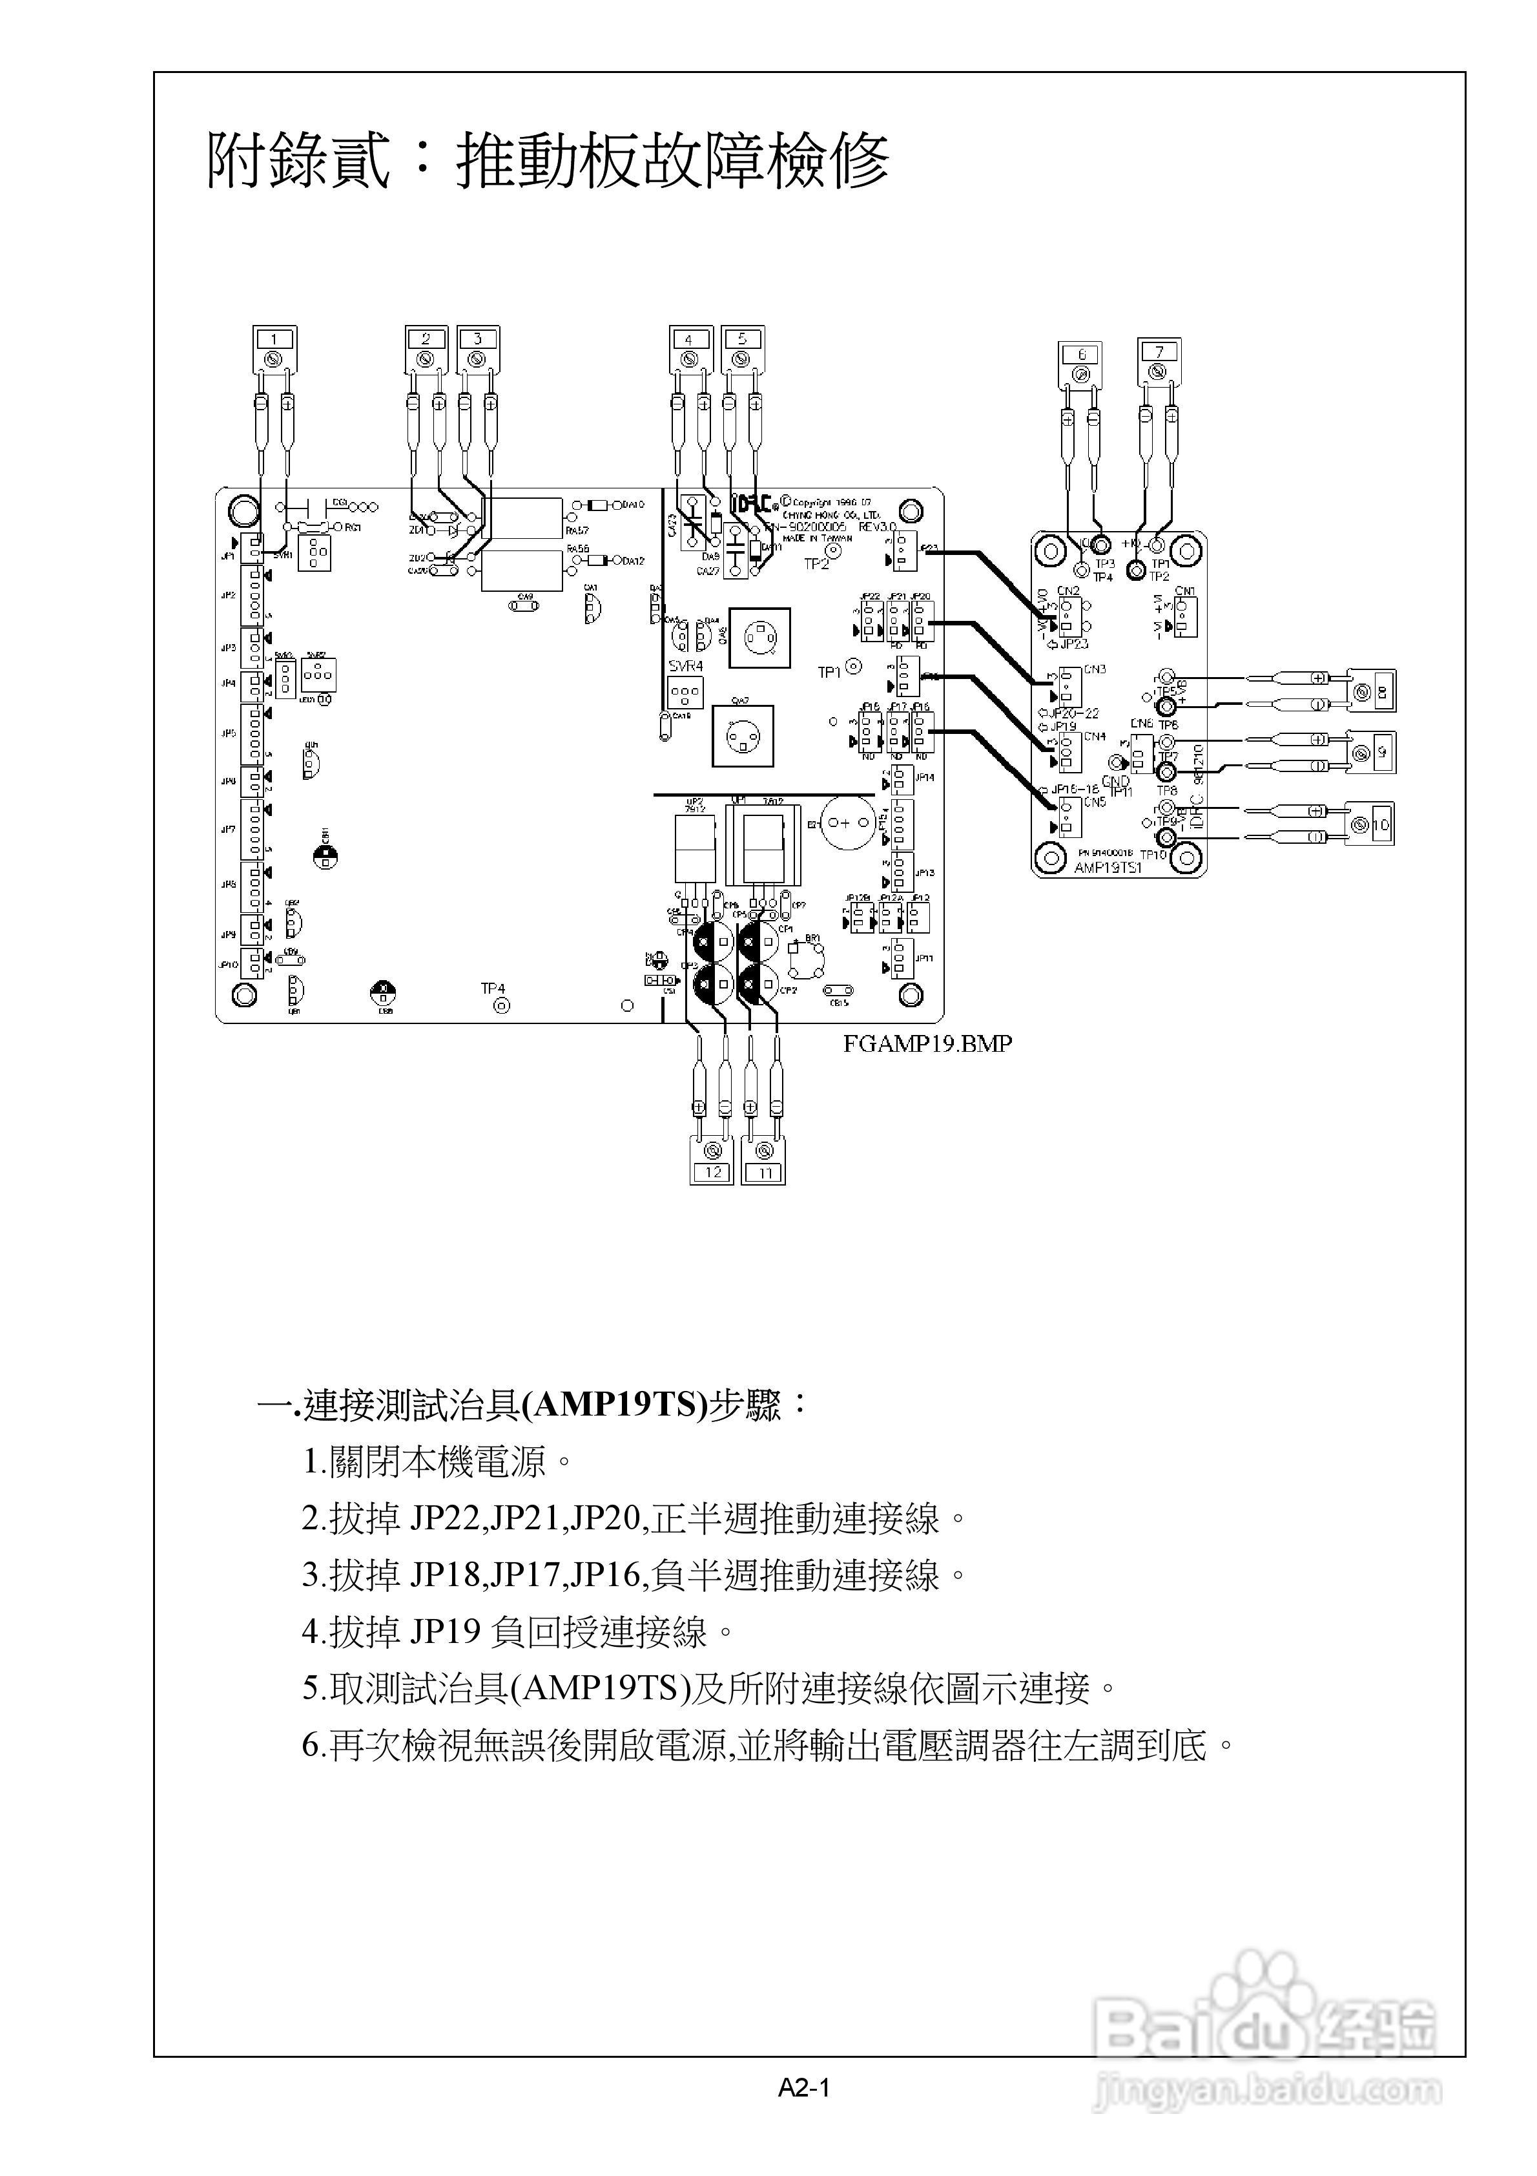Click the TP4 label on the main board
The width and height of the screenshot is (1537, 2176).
tap(493, 989)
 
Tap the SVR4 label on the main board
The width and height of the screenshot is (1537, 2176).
tap(686, 666)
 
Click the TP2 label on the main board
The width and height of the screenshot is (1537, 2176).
tap(816, 564)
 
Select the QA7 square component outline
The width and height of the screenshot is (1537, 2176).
tap(743, 735)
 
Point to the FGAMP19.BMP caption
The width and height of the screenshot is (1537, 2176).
tap(928, 1043)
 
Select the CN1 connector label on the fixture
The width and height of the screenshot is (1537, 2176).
tap(1184, 591)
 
